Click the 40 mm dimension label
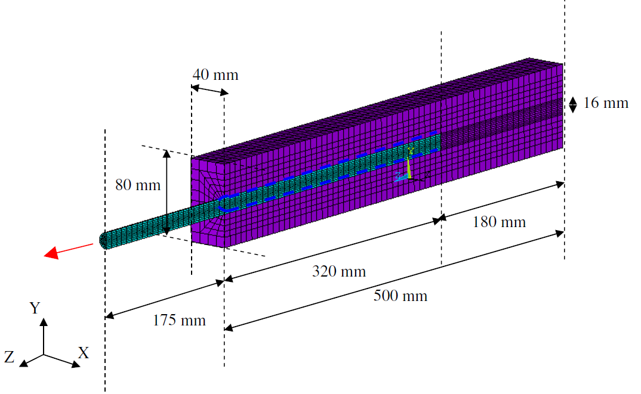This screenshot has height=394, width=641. coord(215,75)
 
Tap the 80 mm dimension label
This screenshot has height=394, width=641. coord(138,185)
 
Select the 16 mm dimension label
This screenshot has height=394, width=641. coord(605,103)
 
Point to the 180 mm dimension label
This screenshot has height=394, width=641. coord(499,222)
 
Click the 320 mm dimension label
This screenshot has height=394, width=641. coord(339,271)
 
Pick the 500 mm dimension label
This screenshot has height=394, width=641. coord(400,296)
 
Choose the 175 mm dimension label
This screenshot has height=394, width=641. coord(179,320)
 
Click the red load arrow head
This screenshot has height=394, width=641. coord(52,253)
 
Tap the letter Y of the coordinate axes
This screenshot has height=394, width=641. coord(35,308)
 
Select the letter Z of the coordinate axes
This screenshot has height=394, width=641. coord(9,357)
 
